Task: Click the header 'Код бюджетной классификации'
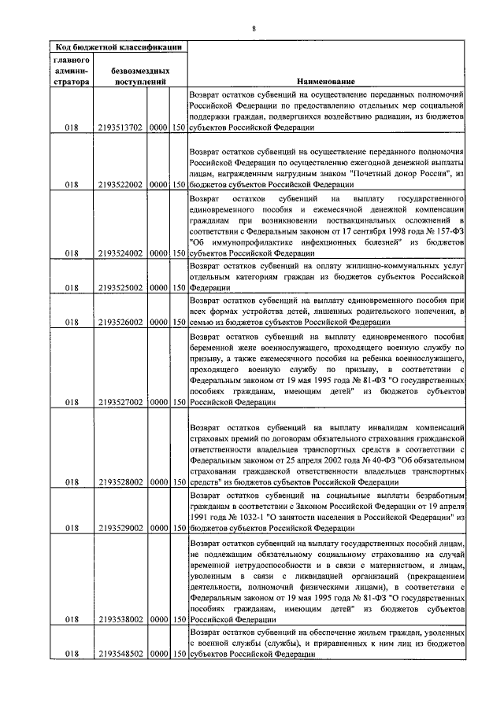[x=117, y=46]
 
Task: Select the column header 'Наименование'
[x=325, y=81]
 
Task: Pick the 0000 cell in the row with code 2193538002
[x=159, y=619]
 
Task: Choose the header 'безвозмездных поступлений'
[x=141, y=75]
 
